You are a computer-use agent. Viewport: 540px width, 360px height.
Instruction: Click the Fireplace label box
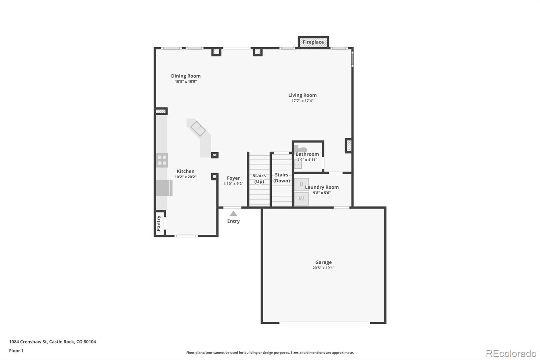click(313, 42)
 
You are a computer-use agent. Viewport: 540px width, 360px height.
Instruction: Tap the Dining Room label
click(186, 76)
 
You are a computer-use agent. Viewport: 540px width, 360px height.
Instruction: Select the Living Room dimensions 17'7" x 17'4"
click(302, 101)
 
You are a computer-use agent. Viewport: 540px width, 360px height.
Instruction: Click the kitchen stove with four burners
click(162, 160)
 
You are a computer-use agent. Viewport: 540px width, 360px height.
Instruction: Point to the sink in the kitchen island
click(198, 129)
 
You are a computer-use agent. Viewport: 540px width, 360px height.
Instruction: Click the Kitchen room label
click(185, 171)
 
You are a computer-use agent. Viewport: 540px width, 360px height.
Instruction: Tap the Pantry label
click(159, 223)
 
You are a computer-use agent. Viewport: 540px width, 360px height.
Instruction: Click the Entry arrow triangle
click(233, 214)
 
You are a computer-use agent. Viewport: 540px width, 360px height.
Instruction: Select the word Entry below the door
click(233, 221)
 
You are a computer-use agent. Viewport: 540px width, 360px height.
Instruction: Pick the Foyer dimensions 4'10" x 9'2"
click(233, 184)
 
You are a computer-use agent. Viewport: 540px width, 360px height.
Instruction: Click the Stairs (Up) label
click(259, 178)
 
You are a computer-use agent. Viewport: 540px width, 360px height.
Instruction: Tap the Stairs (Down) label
click(281, 178)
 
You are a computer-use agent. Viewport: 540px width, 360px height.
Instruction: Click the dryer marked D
click(301, 184)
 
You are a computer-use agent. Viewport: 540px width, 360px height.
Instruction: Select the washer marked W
click(301, 199)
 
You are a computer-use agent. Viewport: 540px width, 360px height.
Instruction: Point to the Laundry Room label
click(322, 187)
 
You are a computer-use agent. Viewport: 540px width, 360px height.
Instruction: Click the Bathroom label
click(307, 154)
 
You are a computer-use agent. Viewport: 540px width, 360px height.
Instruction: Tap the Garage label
click(323, 262)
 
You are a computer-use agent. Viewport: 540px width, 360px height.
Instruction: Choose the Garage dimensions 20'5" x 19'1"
click(323, 268)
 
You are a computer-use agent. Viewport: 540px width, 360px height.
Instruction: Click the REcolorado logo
click(511, 354)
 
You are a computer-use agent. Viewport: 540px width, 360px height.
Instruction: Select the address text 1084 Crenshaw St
click(28, 342)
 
